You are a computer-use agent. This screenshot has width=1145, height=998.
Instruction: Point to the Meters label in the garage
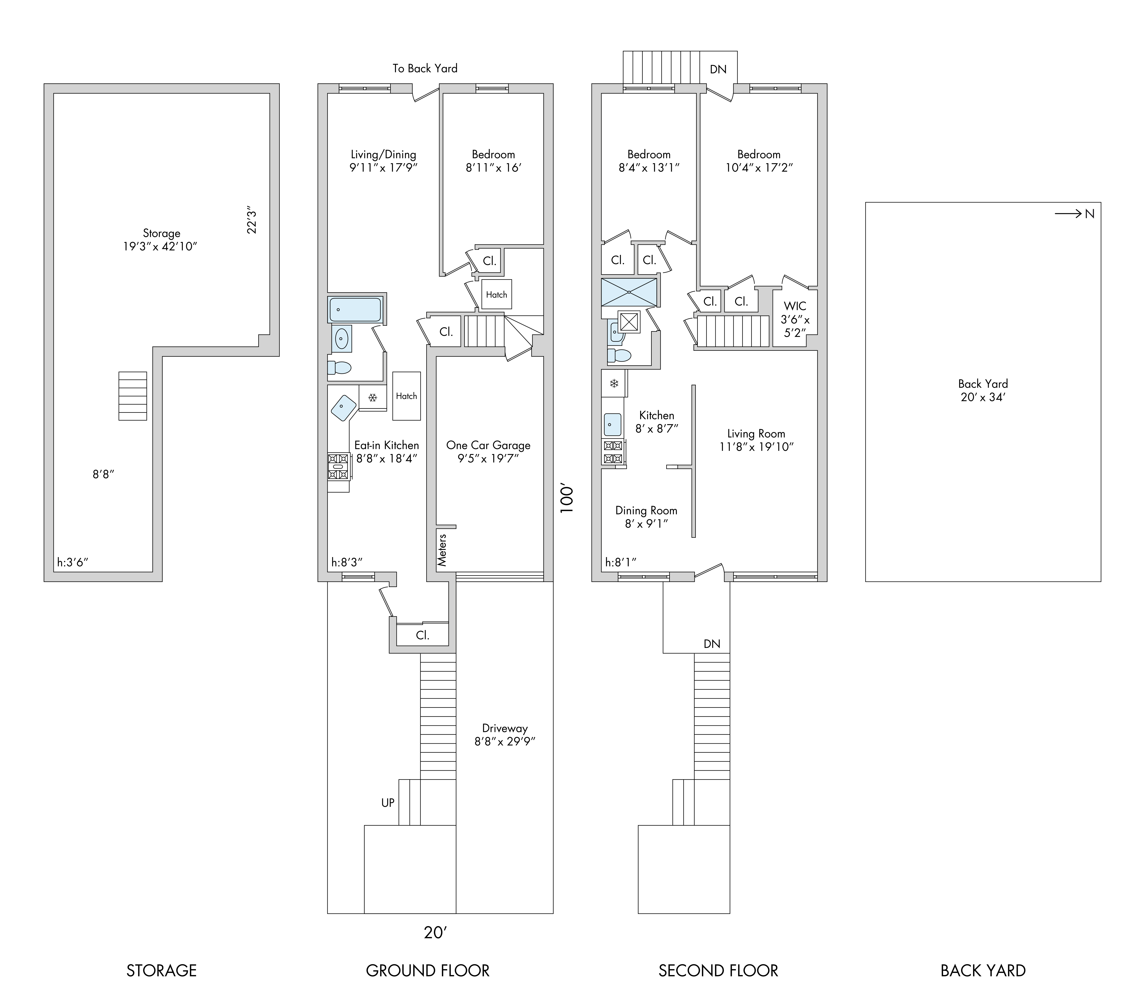pos(442,550)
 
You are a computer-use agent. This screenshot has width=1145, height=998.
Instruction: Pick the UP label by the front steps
pos(388,803)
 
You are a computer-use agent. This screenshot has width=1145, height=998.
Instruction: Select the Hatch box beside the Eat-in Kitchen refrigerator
pos(406,396)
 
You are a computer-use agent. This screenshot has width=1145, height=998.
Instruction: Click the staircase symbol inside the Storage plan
pos(132,396)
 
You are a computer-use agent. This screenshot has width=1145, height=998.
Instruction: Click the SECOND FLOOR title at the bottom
pos(718,971)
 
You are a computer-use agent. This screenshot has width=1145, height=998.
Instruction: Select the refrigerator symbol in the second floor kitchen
pos(614,384)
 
